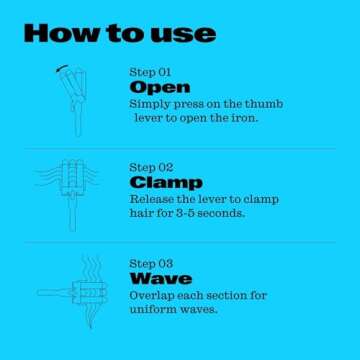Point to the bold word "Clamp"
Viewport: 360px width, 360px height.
[165, 183]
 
